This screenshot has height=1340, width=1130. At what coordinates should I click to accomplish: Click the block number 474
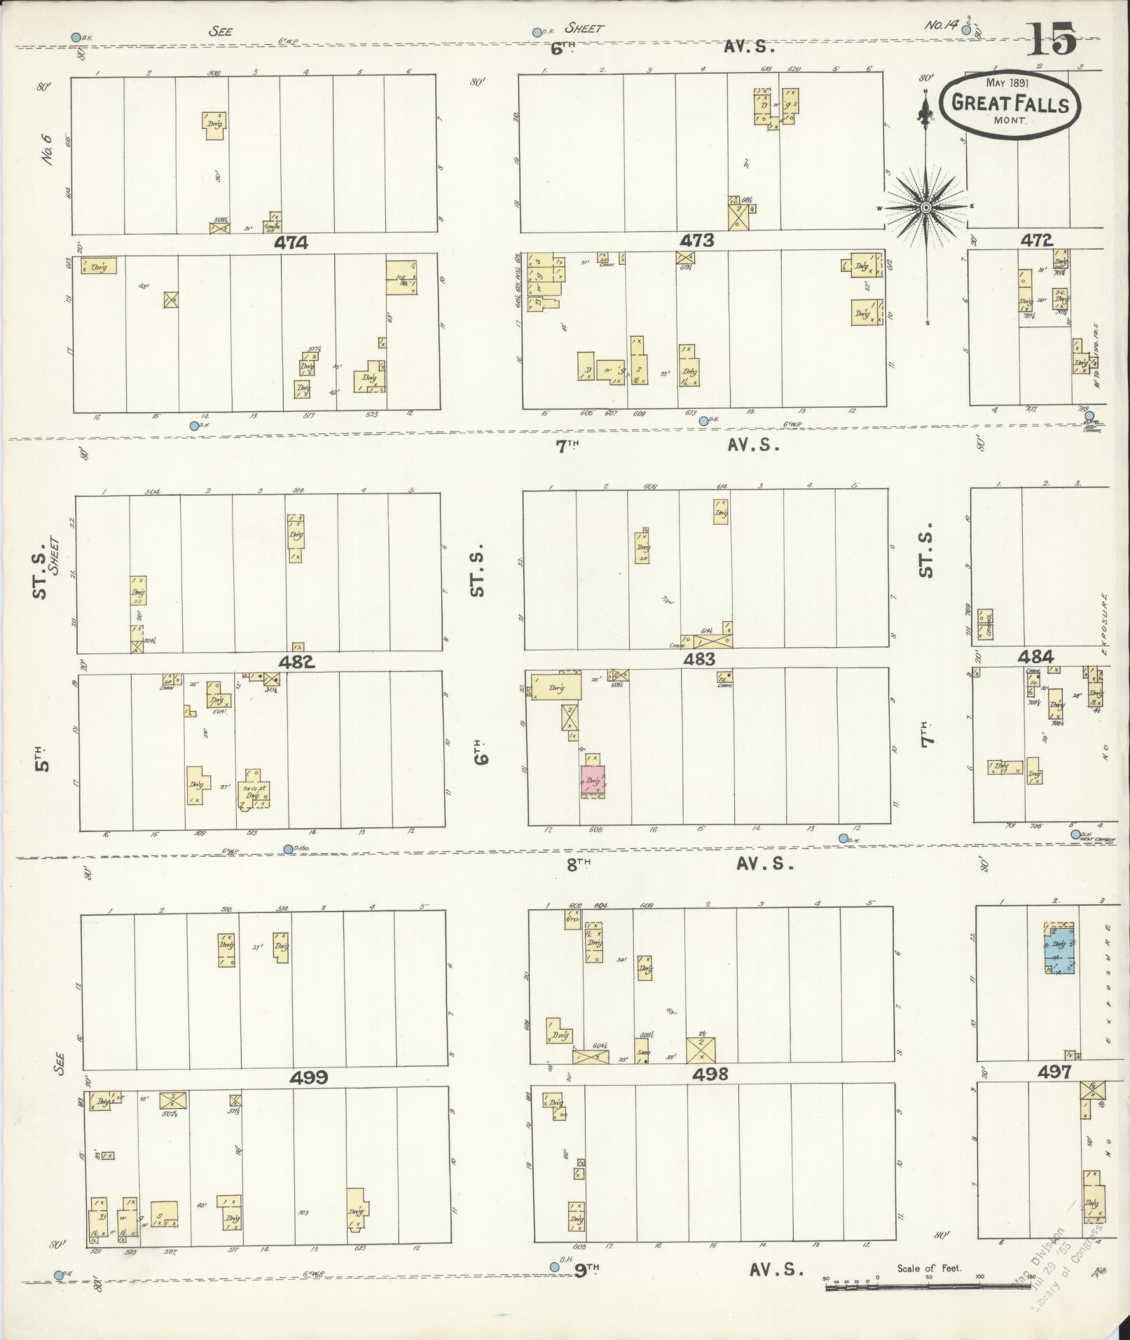291,243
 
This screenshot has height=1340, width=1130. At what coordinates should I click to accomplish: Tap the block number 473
697,241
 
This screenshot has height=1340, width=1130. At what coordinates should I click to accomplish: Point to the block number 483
699,658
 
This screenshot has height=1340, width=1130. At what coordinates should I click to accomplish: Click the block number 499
310,1077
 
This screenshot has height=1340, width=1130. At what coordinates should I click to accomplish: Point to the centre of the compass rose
925,207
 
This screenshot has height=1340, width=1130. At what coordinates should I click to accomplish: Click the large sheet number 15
1052,39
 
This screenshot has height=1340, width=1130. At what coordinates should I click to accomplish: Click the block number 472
1036,240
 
